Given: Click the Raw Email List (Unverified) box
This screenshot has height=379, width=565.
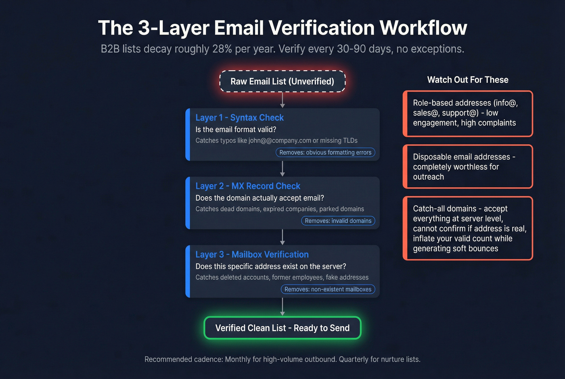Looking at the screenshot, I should [x=282, y=82].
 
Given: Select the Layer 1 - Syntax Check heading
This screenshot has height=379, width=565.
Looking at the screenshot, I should [x=239, y=118].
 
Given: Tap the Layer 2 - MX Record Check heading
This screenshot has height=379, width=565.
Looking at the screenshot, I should [x=248, y=186].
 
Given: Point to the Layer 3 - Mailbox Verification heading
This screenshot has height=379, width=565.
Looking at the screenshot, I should [x=252, y=255].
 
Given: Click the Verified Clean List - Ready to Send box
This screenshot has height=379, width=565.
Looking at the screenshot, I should [x=282, y=328].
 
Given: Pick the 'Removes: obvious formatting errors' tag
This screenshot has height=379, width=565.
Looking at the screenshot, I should [x=325, y=153].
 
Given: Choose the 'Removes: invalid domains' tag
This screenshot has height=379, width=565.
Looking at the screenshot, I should [x=338, y=221].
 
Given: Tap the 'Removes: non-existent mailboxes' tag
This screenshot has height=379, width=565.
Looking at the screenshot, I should [x=328, y=289].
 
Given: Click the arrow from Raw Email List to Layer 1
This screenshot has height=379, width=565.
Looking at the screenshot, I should [x=282, y=100].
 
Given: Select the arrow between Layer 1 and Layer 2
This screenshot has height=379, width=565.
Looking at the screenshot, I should [x=282, y=168].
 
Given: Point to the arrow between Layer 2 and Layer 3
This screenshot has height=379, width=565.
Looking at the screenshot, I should [x=282, y=237].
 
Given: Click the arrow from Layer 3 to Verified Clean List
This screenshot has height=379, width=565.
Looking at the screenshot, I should [x=282, y=307].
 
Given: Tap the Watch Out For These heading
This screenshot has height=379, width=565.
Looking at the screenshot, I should [x=468, y=80].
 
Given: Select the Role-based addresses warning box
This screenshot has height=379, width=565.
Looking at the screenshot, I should [x=468, y=113].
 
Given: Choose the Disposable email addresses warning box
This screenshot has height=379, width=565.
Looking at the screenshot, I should [x=468, y=167].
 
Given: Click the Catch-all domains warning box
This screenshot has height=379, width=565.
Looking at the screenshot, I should [x=468, y=228].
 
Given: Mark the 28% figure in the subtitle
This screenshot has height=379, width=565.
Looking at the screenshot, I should [x=222, y=49].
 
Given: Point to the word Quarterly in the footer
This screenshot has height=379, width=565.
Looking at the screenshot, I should [x=355, y=359].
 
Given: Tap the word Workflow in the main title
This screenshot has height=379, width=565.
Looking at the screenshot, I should [x=423, y=28].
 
